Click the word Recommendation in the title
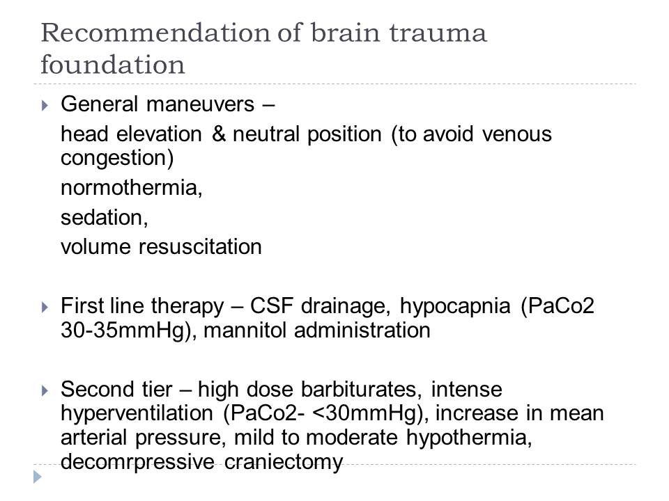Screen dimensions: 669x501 [155, 33]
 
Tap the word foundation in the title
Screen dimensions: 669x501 [113, 65]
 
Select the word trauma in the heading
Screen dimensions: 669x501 [438, 33]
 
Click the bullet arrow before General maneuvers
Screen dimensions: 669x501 [45, 105]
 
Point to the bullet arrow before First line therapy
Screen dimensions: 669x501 [45, 307]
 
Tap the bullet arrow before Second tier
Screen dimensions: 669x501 [45, 390]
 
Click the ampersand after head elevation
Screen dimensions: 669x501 [219, 134]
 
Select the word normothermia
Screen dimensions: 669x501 [132, 188]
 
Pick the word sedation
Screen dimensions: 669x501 [104, 218]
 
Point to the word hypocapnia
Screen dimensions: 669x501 [455, 307]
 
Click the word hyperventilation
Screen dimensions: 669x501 [137, 414]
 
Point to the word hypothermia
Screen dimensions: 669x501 [469, 438]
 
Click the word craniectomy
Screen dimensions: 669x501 [284, 462]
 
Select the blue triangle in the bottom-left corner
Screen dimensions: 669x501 [38, 476]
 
